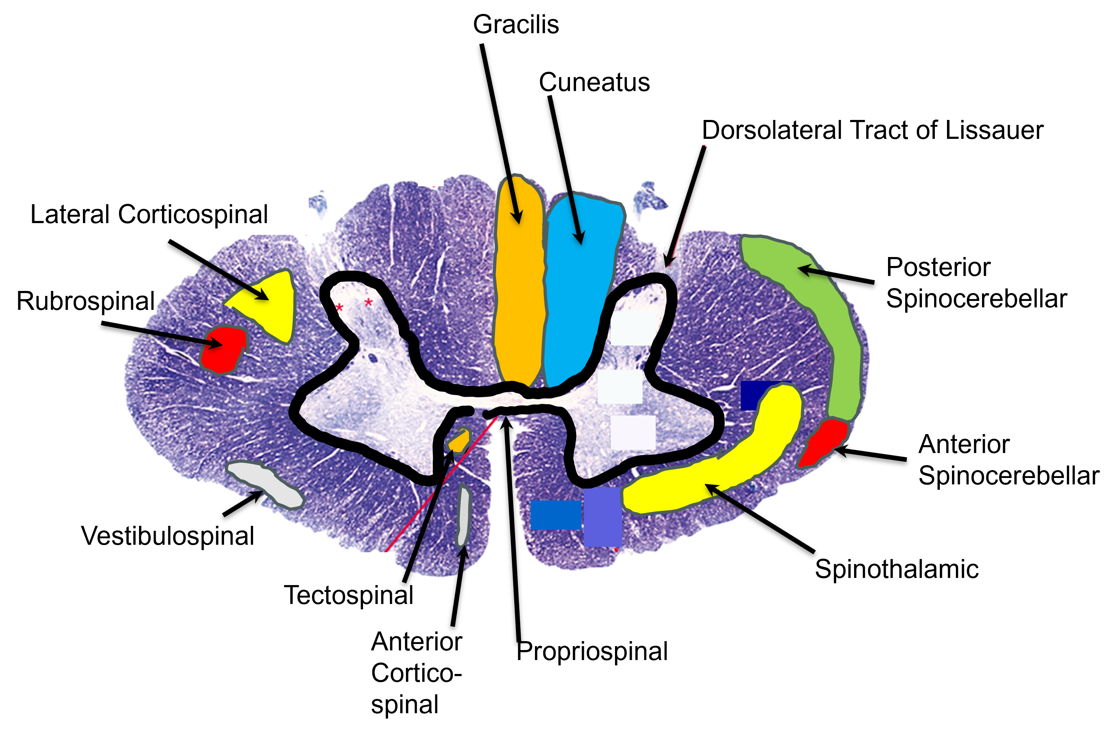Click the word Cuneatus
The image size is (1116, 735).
(594, 82)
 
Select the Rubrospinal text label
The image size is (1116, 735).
(85, 301)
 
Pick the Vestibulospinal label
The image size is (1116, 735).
(168, 536)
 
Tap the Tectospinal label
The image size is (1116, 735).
(348, 595)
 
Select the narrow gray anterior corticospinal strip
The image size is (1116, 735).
(463, 515)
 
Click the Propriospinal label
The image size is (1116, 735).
(592, 651)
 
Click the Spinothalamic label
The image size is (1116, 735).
(897, 569)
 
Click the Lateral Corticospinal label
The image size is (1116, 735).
(149, 215)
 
